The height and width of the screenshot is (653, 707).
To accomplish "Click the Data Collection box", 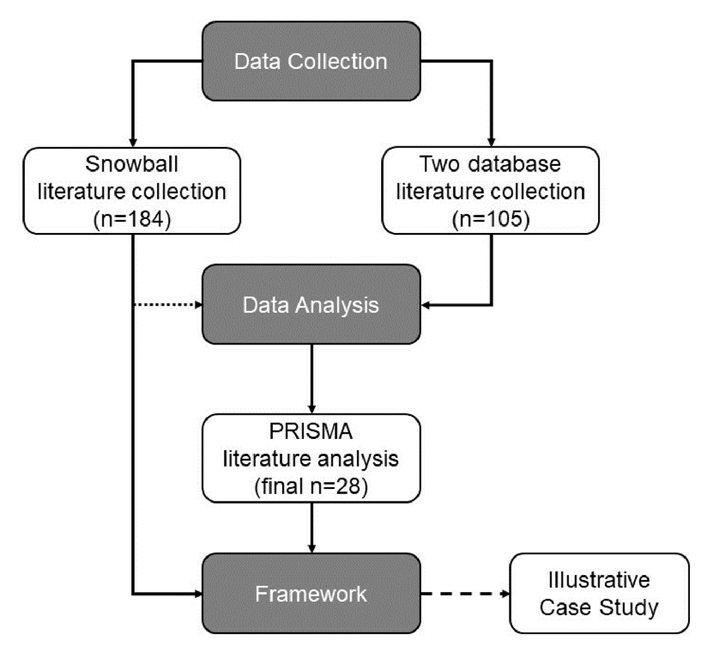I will point(311,61).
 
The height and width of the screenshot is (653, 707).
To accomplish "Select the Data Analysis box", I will point(311,304).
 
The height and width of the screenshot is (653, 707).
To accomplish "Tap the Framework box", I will point(311,593).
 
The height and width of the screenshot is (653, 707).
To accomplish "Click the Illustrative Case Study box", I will point(599,593).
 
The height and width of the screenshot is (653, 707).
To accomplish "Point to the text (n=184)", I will point(132,219).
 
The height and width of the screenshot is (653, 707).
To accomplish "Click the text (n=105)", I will point(491,219).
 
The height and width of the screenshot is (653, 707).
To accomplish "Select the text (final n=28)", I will point(311,487).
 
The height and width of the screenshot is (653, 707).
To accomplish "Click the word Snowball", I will point(132,164).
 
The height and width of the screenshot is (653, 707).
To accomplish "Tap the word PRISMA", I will point(311,432).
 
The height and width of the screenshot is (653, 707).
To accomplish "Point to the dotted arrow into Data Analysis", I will point(168,304).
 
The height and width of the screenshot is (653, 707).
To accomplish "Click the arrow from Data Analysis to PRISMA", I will point(312,378).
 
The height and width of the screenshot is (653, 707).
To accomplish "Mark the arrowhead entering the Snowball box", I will point(133,142).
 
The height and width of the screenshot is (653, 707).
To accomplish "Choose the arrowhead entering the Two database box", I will point(491,142).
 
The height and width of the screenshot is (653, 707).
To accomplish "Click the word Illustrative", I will point(599,580).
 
